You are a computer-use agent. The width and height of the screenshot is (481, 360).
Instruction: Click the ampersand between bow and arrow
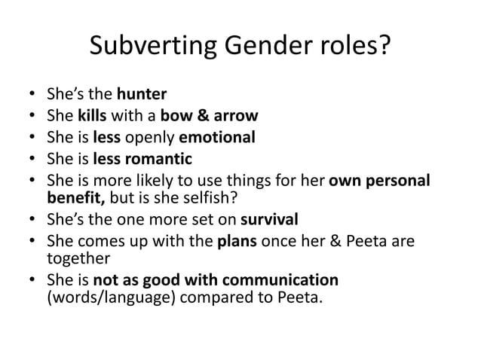click(199, 117)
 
